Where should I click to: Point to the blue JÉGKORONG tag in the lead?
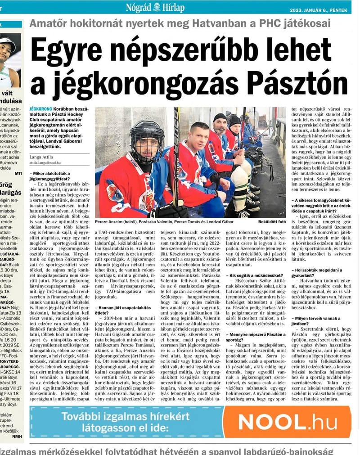click(40, 109)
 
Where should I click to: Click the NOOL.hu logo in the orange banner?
click(288, 422)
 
